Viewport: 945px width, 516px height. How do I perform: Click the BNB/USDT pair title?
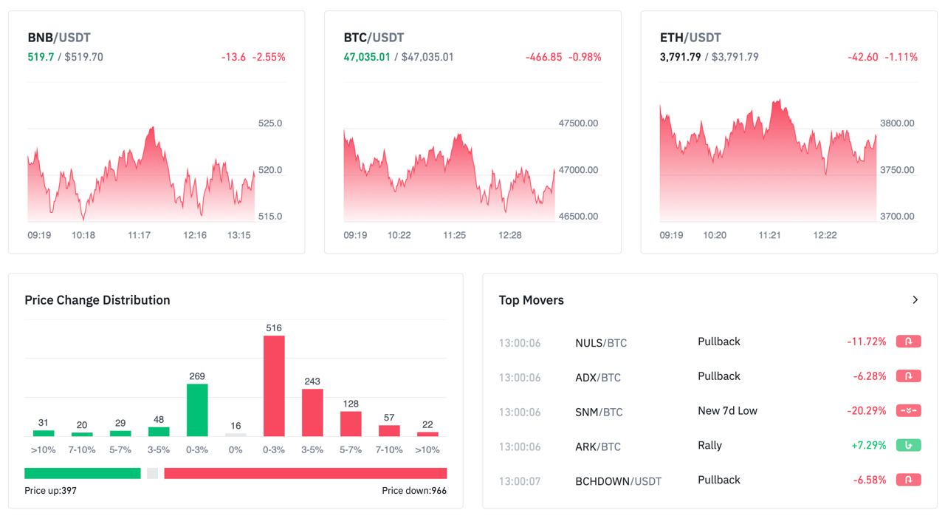[59, 38]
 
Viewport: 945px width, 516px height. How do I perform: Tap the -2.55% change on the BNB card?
[269, 57]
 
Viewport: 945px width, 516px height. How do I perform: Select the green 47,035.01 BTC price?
[367, 57]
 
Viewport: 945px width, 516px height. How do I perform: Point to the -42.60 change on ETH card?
[863, 57]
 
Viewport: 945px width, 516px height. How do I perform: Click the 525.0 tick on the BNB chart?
[270, 123]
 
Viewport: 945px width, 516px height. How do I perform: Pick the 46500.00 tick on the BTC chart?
[578, 217]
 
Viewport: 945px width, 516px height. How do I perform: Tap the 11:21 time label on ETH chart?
[770, 235]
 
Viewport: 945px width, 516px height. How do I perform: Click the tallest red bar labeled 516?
[274, 385]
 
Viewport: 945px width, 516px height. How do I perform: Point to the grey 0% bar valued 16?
[236, 434]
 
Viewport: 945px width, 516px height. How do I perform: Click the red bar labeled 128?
[351, 423]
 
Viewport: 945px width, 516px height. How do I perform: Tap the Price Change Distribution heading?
[97, 300]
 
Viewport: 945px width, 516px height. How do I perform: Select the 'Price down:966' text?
[414, 491]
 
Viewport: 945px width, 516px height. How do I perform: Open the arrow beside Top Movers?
[915, 300]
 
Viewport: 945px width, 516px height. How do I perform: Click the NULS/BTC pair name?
[601, 343]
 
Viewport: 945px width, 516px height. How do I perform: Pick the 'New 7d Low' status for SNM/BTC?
[727, 411]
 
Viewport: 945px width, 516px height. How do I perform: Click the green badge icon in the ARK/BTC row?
[908, 445]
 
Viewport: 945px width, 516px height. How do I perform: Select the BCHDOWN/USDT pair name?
[618, 481]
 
